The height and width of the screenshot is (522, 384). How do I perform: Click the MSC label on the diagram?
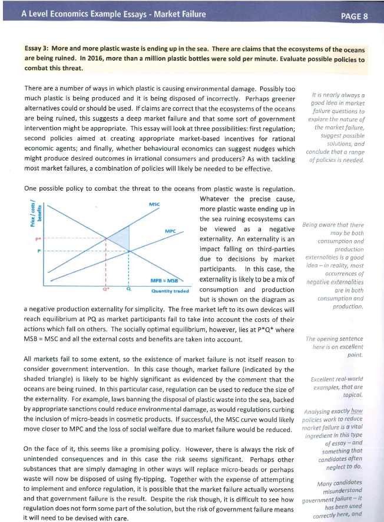[x=155, y=204]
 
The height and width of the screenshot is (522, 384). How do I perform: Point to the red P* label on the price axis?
[x=38, y=238]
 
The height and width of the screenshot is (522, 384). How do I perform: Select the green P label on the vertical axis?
[x=39, y=251]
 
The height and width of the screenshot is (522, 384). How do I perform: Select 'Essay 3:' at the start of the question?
[x=37, y=49]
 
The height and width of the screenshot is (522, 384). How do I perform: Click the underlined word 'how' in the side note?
[x=356, y=410]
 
